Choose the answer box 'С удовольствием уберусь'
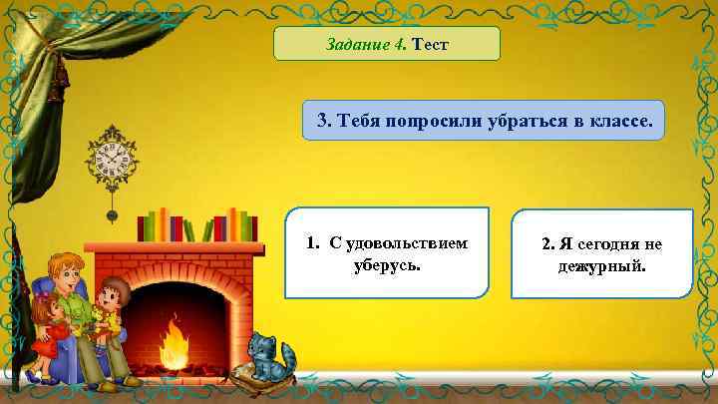coord(387,253)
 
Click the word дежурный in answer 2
coord(601,267)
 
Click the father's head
coord(63,270)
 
